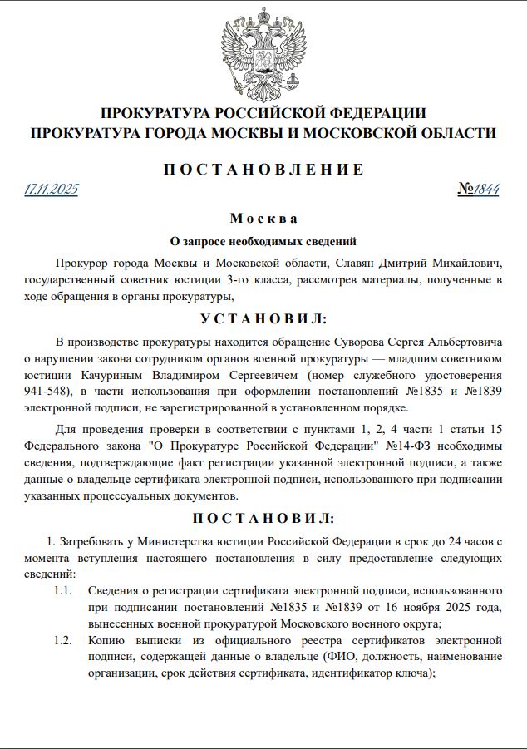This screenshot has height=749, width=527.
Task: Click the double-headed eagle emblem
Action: pos(263,51)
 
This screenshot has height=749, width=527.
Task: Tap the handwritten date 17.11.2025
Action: pos(52,189)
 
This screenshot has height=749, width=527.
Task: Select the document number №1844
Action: pos(478,189)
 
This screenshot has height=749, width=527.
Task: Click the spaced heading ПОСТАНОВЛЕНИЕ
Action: pos(263,170)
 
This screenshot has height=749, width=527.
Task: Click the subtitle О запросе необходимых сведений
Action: pos(263,242)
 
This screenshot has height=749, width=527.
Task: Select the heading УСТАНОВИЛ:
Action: pos(263,319)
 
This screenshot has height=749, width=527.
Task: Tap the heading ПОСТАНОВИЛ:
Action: pos(263,518)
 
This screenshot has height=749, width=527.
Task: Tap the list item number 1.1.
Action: pos(64,591)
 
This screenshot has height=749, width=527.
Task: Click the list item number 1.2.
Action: pos(64,641)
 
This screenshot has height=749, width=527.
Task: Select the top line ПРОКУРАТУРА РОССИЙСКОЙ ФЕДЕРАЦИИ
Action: pos(263,113)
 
